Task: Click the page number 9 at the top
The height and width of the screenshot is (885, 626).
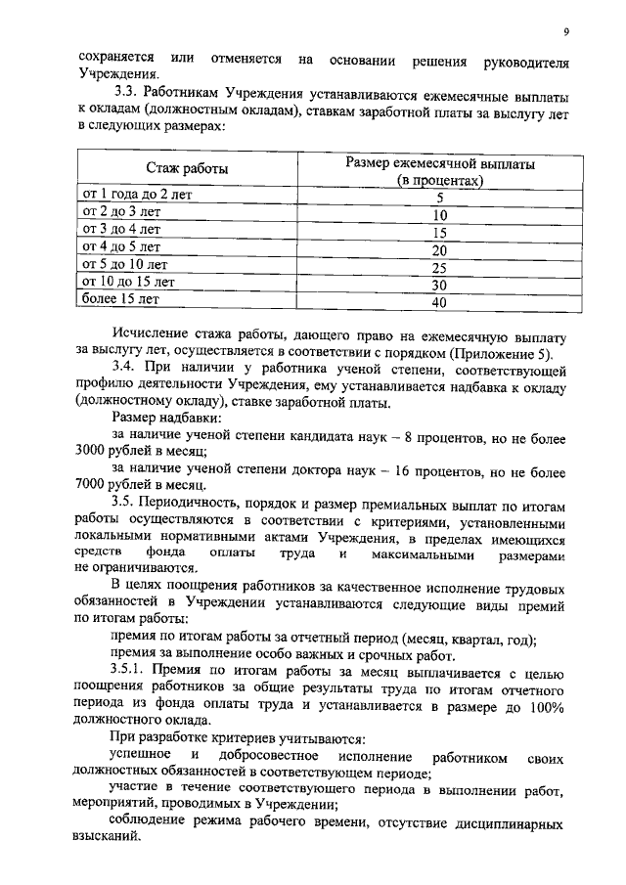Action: [566, 31]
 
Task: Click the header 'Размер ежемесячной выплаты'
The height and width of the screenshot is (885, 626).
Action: [439, 162]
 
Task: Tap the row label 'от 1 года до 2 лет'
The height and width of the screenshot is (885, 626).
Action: [138, 194]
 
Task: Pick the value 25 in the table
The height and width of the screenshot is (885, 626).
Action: [439, 268]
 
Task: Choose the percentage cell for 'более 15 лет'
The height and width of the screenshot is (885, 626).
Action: [439, 303]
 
